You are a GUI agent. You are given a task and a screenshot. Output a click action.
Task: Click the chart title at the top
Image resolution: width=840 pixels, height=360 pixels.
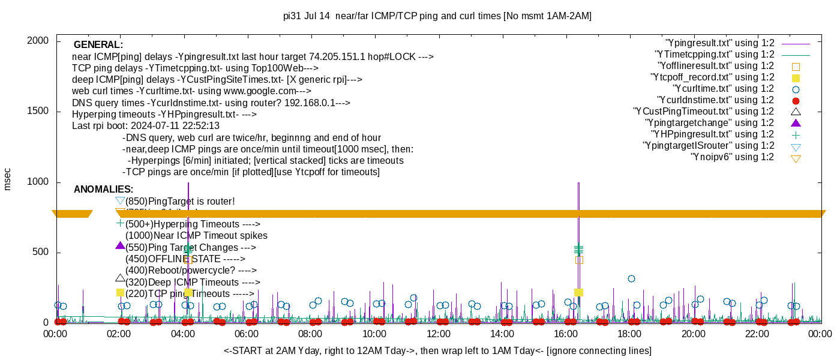(x=437, y=16)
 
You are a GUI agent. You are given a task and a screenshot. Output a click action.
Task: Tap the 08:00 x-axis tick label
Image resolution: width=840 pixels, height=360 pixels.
(x=310, y=334)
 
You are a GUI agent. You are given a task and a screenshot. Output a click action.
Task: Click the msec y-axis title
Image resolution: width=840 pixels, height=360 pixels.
(x=8, y=179)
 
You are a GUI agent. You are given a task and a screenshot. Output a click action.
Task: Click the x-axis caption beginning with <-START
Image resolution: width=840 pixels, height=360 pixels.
(x=437, y=350)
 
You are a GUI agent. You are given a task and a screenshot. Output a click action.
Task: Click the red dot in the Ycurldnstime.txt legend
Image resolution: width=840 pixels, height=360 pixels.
(x=796, y=100)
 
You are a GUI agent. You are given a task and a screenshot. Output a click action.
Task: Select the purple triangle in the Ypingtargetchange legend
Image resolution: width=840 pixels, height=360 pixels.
(x=796, y=123)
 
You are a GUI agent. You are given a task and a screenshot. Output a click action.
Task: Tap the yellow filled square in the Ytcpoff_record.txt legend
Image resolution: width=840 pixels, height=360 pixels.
(x=796, y=77)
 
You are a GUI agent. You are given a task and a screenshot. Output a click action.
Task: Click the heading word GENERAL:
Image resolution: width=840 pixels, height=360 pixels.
(x=98, y=45)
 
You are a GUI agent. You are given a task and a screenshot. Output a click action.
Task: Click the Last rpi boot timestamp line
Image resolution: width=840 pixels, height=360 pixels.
(x=146, y=126)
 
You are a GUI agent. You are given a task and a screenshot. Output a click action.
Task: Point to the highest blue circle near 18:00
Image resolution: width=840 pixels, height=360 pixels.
(x=631, y=278)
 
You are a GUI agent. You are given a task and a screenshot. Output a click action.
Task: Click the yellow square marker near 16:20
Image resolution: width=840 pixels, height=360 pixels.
(x=578, y=292)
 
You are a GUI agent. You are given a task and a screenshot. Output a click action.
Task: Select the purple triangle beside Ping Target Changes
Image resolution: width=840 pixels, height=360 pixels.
(x=120, y=245)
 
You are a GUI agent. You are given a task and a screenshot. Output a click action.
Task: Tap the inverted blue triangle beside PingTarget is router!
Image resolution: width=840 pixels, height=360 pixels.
(x=120, y=200)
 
